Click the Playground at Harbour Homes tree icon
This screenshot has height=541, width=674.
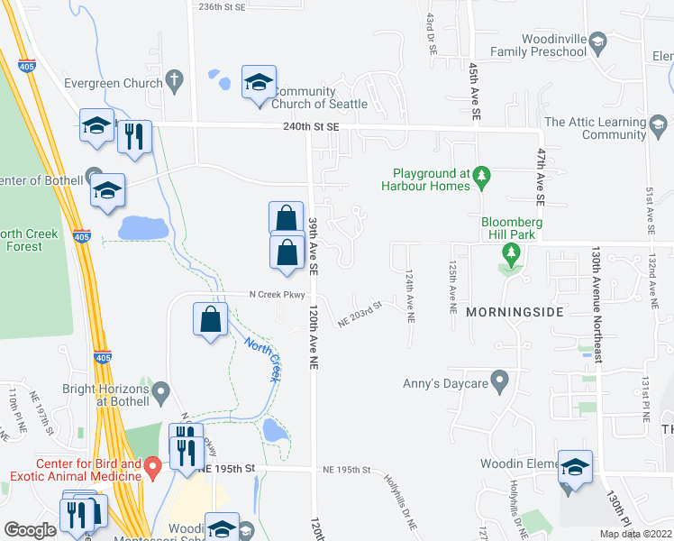[x=482, y=173]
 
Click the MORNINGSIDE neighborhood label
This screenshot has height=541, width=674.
[x=515, y=312]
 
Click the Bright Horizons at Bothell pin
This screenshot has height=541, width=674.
[x=161, y=391]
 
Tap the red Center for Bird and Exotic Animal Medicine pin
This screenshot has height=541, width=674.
[x=152, y=466]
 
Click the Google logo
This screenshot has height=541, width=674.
[x=30, y=530]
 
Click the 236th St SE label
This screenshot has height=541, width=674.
[x=222, y=5]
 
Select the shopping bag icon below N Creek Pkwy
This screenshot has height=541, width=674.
[x=210, y=320]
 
